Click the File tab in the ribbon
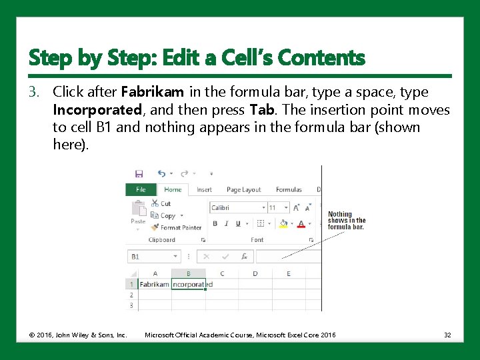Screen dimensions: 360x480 point(141,190)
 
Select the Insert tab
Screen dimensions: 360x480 point(204,190)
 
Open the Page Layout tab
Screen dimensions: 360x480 point(243,190)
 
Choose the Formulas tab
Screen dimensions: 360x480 point(289,190)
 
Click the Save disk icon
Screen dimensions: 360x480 point(139,173)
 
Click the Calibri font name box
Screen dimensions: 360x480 point(237,208)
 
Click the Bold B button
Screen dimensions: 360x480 point(215,224)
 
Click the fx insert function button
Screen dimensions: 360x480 point(245,256)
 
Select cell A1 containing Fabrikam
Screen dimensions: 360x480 point(155,284)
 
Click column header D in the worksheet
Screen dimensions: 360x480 point(255,273)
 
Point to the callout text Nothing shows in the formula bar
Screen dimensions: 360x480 point(347,221)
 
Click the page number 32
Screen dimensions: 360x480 point(447,335)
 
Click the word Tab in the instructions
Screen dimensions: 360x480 point(260,110)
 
